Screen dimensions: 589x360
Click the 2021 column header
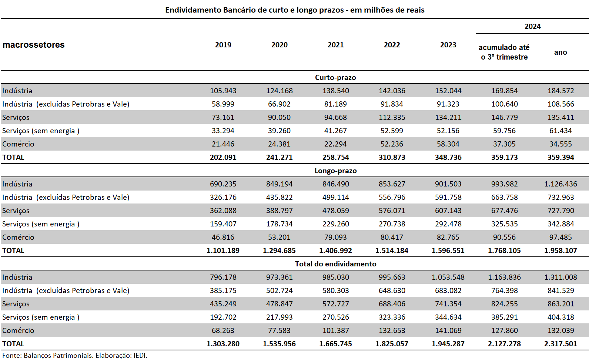click(x=335, y=45)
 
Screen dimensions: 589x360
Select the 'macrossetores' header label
click(x=33, y=45)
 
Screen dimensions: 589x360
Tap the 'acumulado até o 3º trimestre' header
click(x=504, y=52)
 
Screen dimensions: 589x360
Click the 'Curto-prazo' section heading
click(x=335, y=78)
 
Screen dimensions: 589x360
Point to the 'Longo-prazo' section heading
click(x=335, y=171)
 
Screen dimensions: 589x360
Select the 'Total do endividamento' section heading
click(x=335, y=264)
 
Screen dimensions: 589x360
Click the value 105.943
click(x=223, y=91)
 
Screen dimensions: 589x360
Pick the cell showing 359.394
click(x=560, y=157)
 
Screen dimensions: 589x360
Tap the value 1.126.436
click(x=560, y=184)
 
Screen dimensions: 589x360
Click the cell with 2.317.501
click(x=560, y=344)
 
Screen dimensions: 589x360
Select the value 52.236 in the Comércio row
click(x=392, y=144)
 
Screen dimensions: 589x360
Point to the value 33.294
click(x=223, y=131)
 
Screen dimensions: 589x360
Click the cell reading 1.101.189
click(x=223, y=250)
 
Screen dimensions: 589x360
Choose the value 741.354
click(x=448, y=304)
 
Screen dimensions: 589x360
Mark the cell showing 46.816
click(x=223, y=237)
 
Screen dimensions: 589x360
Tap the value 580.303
click(x=335, y=291)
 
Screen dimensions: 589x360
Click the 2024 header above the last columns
click(x=532, y=27)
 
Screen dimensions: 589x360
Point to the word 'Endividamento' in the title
click(x=193, y=10)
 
